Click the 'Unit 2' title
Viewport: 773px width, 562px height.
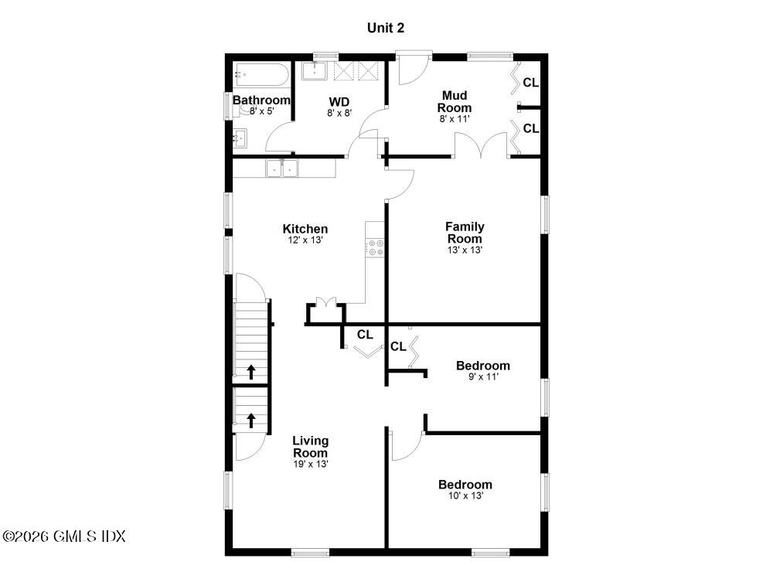385,28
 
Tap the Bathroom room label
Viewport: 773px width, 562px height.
261,100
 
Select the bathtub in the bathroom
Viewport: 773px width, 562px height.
262,75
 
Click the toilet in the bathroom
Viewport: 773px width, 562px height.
249,110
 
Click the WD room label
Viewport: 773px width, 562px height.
339,101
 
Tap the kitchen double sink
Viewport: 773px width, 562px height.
282,168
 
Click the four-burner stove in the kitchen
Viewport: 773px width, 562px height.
376,247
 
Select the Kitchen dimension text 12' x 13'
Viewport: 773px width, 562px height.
305,240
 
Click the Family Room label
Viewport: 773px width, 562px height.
465,232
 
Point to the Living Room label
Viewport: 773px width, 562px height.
310,447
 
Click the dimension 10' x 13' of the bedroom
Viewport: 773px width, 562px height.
465,496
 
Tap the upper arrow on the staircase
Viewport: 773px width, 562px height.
251,372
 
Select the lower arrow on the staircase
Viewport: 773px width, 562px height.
251,421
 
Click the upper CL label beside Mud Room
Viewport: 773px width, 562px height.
530,82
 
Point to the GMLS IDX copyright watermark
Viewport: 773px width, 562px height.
64,536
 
